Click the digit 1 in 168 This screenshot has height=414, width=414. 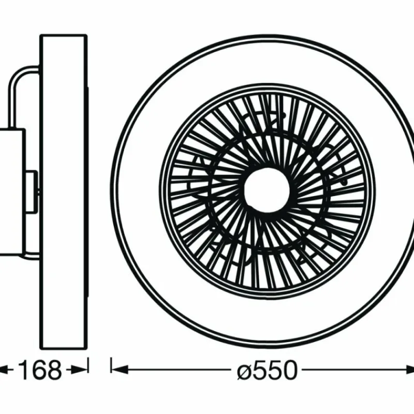pyautogui.click(x=22, y=371)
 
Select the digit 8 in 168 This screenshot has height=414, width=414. pyautogui.click(x=53, y=371)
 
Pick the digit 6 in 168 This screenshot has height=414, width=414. pyautogui.click(x=38, y=371)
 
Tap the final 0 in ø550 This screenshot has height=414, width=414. pyautogui.click(x=288, y=371)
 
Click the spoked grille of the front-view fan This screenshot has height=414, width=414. pyautogui.click(x=310, y=155)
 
